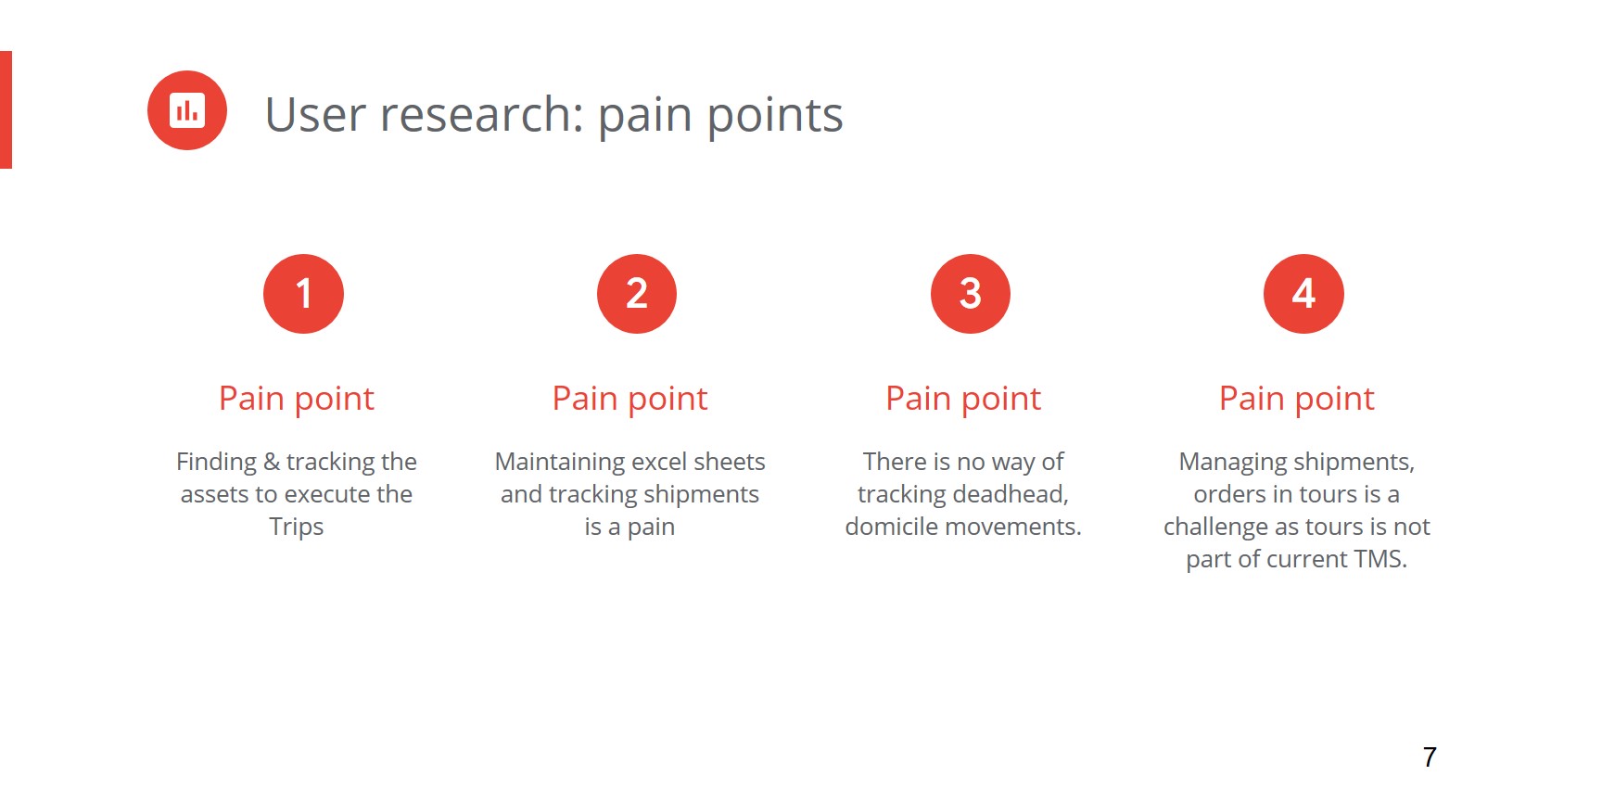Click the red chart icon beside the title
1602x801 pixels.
pos(187,110)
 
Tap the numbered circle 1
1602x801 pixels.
pos(303,294)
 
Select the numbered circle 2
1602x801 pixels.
pos(637,294)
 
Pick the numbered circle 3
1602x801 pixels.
pos(971,294)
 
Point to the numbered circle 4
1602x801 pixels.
pos(1303,294)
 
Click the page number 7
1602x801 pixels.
pos(1430,757)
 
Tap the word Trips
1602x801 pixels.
pos(297,528)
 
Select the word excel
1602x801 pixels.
pos(661,462)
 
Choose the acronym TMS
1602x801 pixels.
pos(1380,559)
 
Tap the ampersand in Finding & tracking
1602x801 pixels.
pos(272,462)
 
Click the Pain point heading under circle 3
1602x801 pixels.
pos(963,399)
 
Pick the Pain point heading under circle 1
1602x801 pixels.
pos(297,399)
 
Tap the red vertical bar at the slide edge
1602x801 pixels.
pos(6,109)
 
